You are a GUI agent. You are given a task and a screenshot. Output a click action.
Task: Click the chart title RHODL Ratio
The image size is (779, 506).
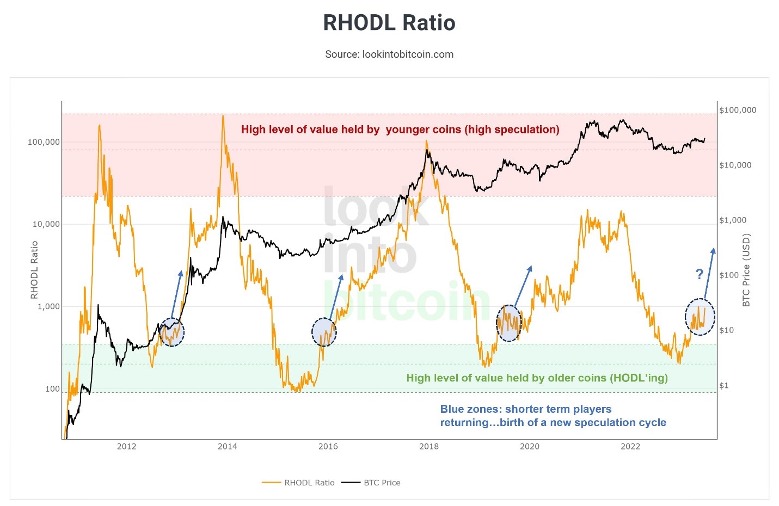tap(389, 23)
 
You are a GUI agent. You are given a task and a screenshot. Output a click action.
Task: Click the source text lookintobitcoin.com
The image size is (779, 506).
tap(389, 54)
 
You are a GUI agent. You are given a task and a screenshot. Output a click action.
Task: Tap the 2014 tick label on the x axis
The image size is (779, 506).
tap(228, 447)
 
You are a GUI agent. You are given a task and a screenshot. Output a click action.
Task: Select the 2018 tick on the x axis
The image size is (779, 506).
tap(429, 447)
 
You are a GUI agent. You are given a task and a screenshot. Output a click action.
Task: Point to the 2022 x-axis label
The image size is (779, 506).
tap(630, 447)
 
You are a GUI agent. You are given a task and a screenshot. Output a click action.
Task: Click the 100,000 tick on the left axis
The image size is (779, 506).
tap(44, 142)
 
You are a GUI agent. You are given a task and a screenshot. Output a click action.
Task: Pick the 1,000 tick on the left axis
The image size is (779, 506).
tap(48, 306)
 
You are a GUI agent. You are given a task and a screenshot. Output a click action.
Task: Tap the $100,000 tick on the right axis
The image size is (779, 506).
tap(738, 110)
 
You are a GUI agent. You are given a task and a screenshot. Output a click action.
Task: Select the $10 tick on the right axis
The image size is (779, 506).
tap(726, 330)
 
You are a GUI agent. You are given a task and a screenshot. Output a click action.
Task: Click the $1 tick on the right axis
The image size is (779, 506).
tap(724, 386)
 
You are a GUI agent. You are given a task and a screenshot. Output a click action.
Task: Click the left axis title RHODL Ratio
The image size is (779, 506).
tap(34, 270)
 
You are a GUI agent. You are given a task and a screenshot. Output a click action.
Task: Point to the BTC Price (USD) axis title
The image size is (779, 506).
tap(746, 270)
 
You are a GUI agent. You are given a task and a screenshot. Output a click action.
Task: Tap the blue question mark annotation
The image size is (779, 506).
tap(700, 274)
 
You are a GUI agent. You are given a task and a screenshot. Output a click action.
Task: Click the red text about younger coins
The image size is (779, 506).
tap(400, 129)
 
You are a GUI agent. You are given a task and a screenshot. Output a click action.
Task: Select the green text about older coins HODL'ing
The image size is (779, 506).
tap(537, 378)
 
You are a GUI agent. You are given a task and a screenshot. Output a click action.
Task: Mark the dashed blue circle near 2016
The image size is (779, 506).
tap(324, 332)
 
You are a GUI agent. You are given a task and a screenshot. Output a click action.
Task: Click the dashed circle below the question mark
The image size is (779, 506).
tap(700, 317)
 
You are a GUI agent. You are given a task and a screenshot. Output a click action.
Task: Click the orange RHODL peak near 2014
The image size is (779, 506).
tap(223, 116)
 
